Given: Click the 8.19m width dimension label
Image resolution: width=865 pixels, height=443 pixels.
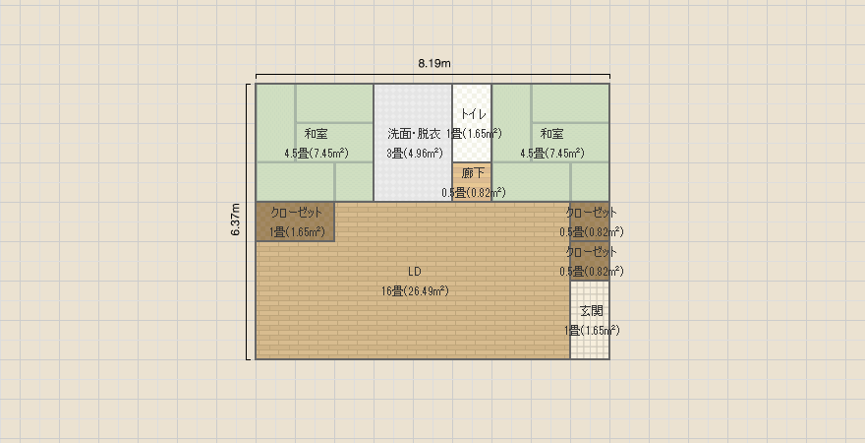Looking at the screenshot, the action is pos(434,63).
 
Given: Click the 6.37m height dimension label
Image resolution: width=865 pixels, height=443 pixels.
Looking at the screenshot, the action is pos(236,220).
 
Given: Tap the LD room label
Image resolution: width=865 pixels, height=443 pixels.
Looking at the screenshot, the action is pos(415,272).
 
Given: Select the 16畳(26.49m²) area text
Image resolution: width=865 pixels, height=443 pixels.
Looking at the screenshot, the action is pos(415,291).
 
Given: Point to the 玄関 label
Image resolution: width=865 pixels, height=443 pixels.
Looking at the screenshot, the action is pos(592,311).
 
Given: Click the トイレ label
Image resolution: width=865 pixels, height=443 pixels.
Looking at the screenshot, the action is pos(474,114).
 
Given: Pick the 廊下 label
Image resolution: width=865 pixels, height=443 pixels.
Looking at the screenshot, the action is pos(473,173).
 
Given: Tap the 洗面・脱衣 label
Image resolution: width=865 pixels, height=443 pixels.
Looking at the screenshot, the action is pos(414,134).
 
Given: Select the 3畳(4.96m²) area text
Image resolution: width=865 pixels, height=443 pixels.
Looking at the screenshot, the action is pos(414,154).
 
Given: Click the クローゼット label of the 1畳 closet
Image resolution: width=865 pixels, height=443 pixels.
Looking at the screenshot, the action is pos(296,213).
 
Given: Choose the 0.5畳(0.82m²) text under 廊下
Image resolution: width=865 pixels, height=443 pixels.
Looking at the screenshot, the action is pos(474,193).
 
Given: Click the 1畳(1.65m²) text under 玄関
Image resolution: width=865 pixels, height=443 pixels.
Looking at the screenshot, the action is pos(592,331).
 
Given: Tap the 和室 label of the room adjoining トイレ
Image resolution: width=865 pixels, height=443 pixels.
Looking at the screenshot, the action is pos(551,134).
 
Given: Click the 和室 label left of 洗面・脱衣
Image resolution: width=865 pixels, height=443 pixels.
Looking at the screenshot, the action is pos(316,134).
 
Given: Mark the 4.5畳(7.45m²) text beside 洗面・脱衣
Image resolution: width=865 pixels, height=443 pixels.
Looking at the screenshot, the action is pos(317,154).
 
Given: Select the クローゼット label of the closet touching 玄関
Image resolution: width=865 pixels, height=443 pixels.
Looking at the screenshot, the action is pos(592,252).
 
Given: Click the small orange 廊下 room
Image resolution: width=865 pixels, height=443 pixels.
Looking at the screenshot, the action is pos(472,182).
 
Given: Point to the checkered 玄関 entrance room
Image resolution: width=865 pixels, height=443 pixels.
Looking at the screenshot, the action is pos(590,320).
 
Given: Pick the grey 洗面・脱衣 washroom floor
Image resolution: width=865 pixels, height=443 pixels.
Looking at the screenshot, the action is pos(413,143).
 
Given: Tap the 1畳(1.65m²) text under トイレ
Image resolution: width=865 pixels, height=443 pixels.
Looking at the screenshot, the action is pos(474,134).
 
